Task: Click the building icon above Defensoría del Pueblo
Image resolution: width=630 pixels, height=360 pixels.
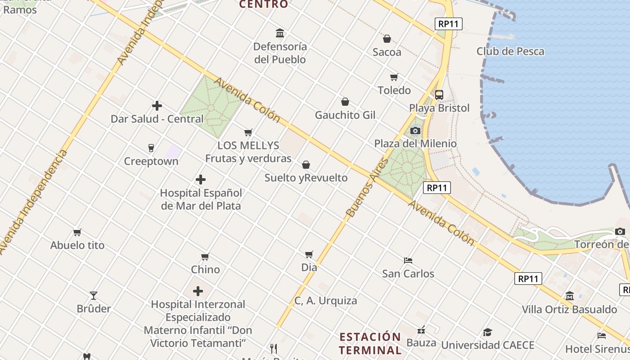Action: coord(280,33)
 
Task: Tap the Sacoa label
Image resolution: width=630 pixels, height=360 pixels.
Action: coord(387,52)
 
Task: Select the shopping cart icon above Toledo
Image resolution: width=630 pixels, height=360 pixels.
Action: coord(394,77)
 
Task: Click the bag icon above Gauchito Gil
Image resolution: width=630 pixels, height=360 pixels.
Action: coord(345,102)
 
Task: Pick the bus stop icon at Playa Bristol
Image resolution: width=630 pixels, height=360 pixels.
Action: coord(439,95)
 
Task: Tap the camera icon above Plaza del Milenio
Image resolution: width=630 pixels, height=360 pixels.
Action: coord(415,131)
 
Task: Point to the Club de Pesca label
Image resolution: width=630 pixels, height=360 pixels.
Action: coord(510,51)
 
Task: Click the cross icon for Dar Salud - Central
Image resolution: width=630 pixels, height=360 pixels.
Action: coord(157,106)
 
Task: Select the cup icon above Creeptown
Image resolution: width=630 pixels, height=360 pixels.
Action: coord(151,148)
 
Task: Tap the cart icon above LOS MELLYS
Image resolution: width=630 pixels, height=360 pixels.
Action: coord(248,132)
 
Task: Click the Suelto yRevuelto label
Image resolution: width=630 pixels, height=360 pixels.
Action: coord(306,178)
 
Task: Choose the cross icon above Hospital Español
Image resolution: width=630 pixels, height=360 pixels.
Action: coord(201,180)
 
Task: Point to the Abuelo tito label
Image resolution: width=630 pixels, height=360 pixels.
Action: coord(77,245)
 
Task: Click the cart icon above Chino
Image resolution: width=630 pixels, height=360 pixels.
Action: coord(205,256)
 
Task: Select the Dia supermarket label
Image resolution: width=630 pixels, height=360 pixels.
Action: coord(309,267)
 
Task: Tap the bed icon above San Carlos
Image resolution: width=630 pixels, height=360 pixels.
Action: coord(408,260)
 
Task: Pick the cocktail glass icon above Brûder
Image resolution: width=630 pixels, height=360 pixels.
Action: coord(94,296)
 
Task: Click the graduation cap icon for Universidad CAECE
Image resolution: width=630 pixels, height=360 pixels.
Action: coord(487,333)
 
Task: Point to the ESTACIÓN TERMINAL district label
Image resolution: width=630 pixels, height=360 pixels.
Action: coord(370,343)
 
